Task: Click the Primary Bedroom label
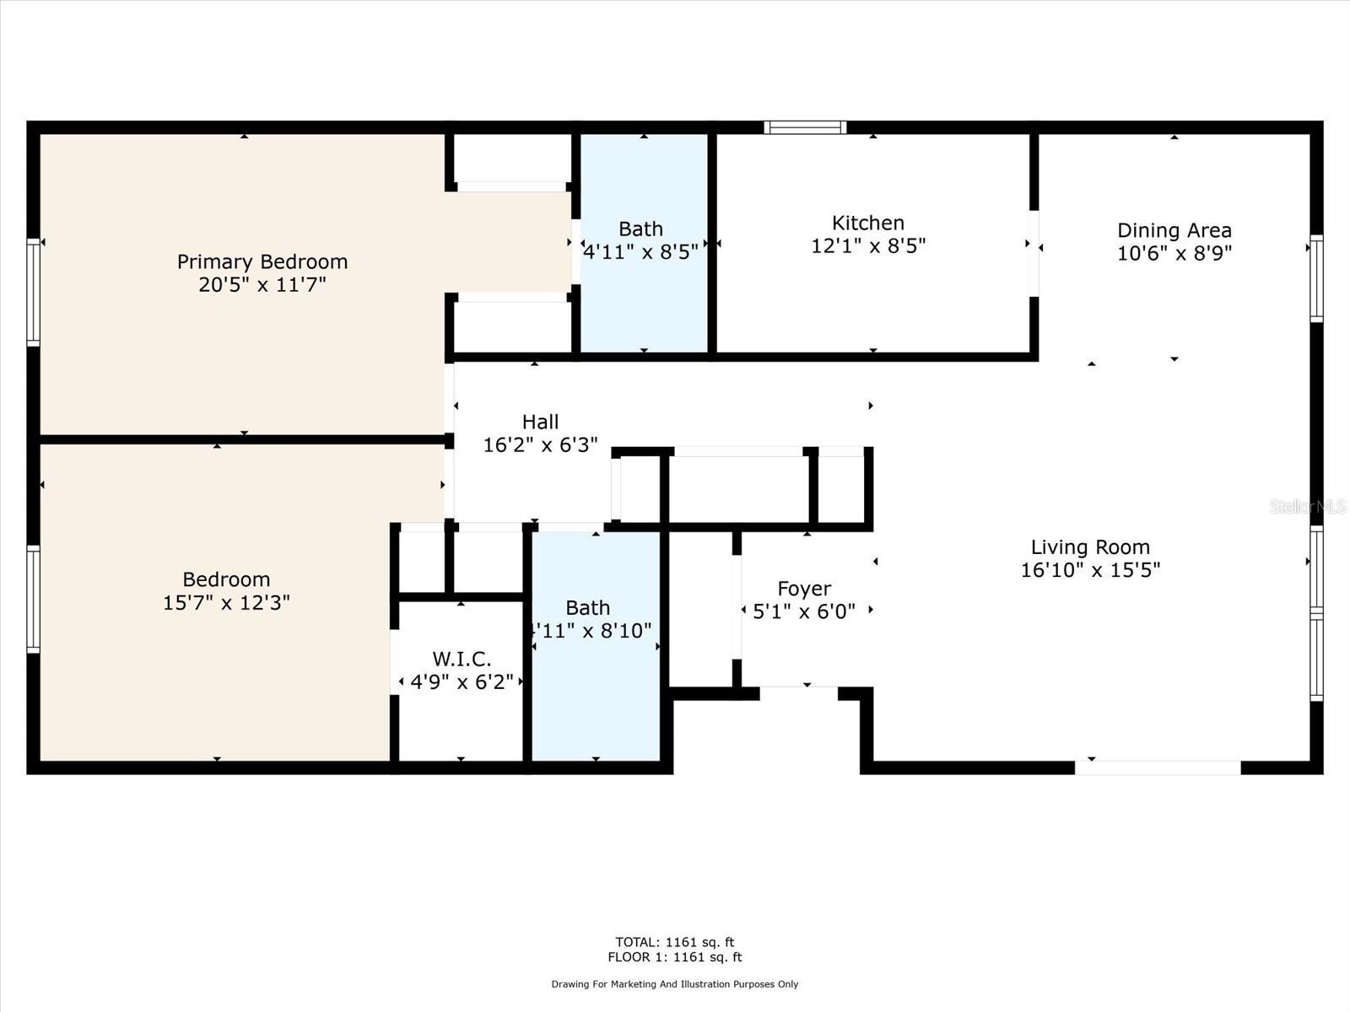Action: pyautogui.click(x=262, y=261)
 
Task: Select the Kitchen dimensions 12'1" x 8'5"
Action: pyautogui.click(x=868, y=245)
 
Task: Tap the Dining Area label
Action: pyautogui.click(x=1174, y=230)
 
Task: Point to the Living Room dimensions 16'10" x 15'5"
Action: pyautogui.click(x=1090, y=569)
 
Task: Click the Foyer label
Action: pyautogui.click(x=804, y=589)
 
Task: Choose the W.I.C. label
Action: pyautogui.click(x=462, y=659)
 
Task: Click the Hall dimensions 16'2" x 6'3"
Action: pyautogui.click(x=540, y=444)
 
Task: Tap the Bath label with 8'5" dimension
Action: pyautogui.click(x=640, y=229)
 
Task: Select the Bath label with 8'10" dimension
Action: pyautogui.click(x=587, y=608)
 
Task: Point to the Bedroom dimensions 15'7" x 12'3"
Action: pyautogui.click(x=226, y=602)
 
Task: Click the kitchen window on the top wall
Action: pyautogui.click(x=805, y=127)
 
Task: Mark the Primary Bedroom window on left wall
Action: pyautogui.click(x=33, y=293)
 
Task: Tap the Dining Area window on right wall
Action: pyautogui.click(x=1316, y=278)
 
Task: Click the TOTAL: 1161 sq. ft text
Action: pyautogui.click(x=675, y=942)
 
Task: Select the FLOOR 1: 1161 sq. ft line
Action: pyautogui.click(x=675, y=957)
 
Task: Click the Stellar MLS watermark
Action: pyautogui.click(x=1308, y=506)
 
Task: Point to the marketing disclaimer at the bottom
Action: pyautogui.click(x=675, y=984)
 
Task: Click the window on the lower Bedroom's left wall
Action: pyautogui.click(x=33, y=599)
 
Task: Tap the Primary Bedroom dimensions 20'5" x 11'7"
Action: pyautogui.click(x=262, y=285)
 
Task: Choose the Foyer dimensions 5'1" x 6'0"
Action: pyautogui.click(x=804, y=611)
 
